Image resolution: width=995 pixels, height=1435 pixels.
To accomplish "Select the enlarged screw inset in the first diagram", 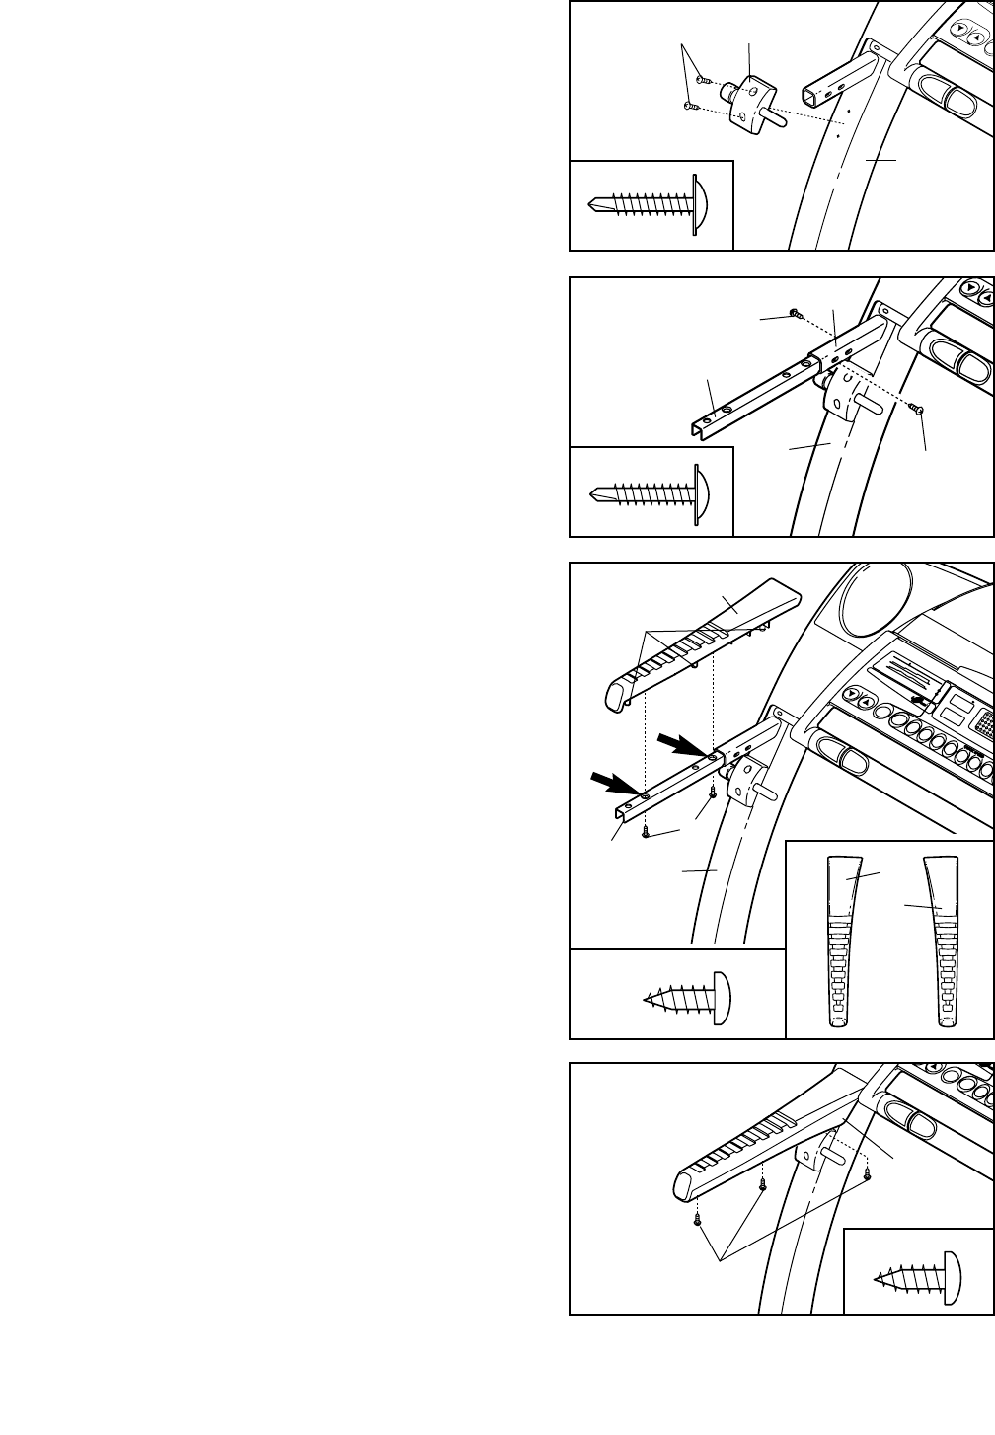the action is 651,204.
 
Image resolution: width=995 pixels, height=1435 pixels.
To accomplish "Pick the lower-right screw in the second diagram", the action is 917,407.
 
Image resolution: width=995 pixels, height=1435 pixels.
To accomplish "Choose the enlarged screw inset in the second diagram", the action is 651,491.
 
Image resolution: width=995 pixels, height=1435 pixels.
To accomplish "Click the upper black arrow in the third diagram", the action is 679,743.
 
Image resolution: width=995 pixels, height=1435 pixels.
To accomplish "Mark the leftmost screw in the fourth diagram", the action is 698,1218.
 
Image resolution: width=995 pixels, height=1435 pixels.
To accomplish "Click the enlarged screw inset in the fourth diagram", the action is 917,1270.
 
